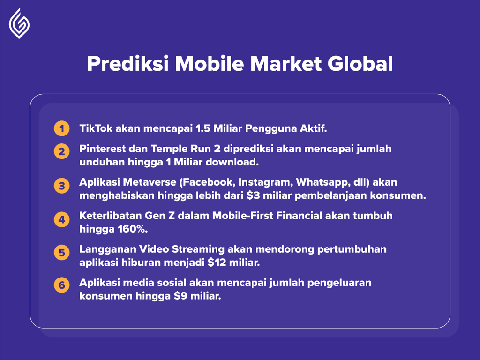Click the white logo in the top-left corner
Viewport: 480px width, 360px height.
(19, 23)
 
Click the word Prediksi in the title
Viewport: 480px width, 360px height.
(128, 64)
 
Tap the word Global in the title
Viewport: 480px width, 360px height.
(360, 64)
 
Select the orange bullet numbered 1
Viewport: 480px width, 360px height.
(62, 128)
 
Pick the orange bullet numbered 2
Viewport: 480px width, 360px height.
(62, 151)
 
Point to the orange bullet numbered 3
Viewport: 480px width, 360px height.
(62, 186)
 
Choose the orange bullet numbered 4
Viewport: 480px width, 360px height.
(62, 219)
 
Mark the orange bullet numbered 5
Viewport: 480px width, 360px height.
(62, 253)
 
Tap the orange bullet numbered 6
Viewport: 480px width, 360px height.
(62, 285)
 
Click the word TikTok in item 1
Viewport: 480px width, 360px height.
(96, 128)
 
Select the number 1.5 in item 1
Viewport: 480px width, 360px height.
(203, 128)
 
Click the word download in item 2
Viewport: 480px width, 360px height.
(232, 162)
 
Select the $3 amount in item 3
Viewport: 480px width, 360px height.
(253, 195)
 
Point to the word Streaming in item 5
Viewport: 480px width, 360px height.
(198, 249)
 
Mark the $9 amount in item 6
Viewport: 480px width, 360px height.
(180, 296)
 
